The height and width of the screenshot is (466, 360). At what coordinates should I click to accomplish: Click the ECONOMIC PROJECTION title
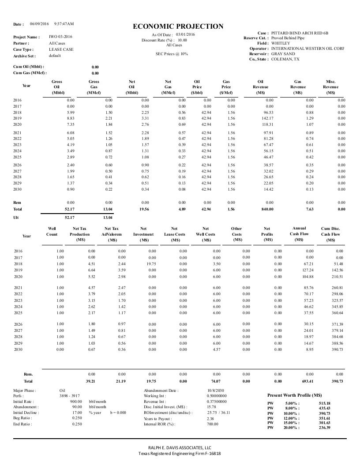click(x=178, y=27)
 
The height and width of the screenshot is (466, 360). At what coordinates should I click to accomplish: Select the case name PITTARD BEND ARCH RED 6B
click(x=300, y=33)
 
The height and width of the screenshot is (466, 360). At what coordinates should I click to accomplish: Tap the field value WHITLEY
click(x=281, y=43)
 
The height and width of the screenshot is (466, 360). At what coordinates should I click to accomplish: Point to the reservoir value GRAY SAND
click(x=283, y=54)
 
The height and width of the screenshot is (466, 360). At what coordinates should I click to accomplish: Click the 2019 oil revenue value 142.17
click(x=267, y=119)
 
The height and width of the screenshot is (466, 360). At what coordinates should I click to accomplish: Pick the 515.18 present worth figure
click(x=324, y=403)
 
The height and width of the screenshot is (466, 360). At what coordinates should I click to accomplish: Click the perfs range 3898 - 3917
click(x=69, y=396)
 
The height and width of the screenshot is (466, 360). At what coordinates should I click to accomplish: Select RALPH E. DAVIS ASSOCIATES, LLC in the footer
click(x=180, y=447)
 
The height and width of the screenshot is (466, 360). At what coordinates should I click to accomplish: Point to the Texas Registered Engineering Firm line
click(x=180, y=453)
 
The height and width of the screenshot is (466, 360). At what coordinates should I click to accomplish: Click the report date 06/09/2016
click(x=39, y=23)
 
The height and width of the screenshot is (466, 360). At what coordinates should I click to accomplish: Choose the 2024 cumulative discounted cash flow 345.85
click(x=337, y=306)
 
